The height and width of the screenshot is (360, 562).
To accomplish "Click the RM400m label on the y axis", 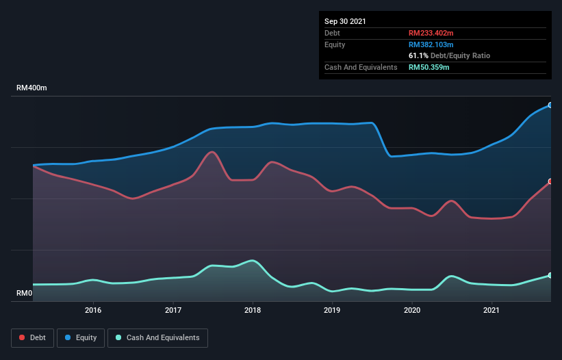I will click(31, 88).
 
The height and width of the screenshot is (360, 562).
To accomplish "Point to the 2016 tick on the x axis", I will click(93, 310).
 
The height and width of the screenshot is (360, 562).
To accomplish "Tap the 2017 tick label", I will click(173, 310).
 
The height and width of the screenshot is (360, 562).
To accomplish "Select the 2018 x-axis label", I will click(253, 310).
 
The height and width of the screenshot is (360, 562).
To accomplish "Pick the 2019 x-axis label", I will click(332, 310).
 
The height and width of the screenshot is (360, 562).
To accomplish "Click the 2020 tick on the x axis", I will click(412, 310).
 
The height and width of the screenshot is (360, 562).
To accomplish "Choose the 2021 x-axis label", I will click(491, 310).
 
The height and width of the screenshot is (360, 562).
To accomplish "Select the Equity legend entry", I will click(80, 337).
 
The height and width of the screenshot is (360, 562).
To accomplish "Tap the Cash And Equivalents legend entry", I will click(157, 337).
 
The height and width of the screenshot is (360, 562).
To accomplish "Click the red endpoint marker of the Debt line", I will click(550, 181).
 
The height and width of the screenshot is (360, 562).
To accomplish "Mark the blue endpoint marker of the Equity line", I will click(550, 105).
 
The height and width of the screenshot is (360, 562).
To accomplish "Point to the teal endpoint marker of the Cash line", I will click(550, 275).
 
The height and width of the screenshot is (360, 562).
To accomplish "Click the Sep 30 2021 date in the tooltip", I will click(345, 21).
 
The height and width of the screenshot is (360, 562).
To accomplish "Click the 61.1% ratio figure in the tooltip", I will click(418, 55).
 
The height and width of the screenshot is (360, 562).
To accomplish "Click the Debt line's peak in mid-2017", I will click(212, 152).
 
